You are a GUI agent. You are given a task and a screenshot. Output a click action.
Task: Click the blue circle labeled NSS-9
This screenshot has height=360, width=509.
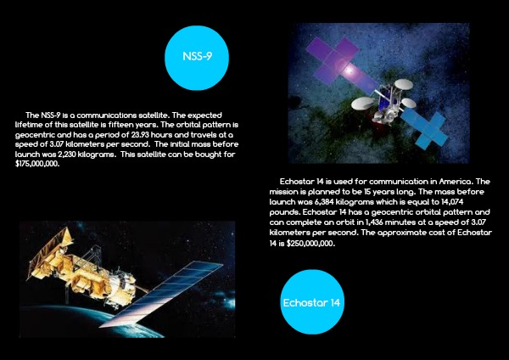197,58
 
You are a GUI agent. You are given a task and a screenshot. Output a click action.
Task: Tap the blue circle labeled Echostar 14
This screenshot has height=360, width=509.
312,302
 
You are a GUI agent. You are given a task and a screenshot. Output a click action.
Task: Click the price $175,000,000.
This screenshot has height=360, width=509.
37,164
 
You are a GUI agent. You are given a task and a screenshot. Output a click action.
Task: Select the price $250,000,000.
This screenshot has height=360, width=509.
310,244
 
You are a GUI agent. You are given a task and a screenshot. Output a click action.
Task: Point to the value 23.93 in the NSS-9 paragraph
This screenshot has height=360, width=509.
140,134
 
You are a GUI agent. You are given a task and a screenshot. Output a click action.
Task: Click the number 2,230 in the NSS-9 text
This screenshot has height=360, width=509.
67,154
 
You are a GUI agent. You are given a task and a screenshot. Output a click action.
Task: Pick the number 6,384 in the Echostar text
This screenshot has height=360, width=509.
324,202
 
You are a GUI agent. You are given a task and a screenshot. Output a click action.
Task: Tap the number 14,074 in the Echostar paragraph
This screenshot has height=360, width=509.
452,202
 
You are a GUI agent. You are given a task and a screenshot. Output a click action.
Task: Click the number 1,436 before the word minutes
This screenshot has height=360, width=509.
374,222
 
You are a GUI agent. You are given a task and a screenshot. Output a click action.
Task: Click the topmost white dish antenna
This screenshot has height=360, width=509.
404,84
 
